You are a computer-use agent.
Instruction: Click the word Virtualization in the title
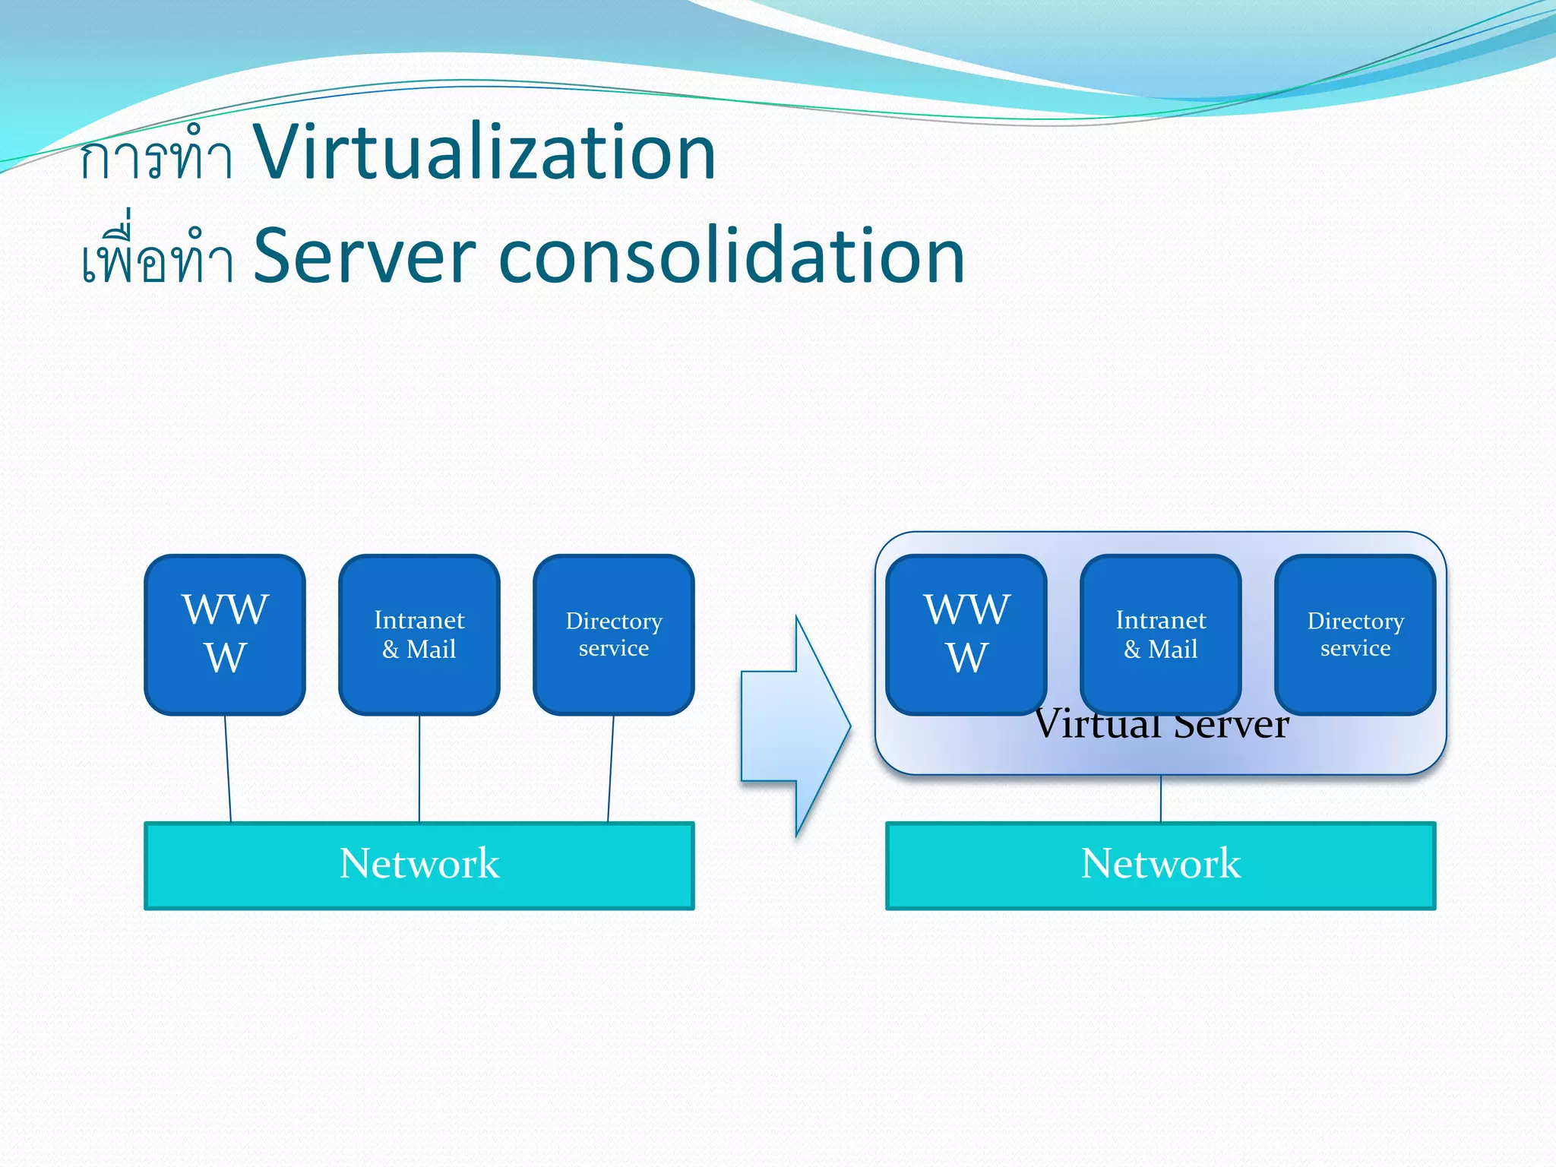tap(484, 153)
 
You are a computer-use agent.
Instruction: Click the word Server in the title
tap(364, 256)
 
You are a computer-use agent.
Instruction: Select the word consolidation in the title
tap(731, 256)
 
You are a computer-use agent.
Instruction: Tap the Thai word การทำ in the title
tap(156, 157)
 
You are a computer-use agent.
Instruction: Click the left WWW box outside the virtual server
tap(225, 634)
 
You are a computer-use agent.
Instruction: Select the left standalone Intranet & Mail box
tap(419, 634)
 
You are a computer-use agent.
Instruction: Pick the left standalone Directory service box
tap(614, 634)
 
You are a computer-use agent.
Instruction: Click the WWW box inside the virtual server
tap(966, 634)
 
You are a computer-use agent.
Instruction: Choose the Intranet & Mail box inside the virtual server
tap(1161, 634)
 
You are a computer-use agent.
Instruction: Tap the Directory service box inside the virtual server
tap(1355, 634)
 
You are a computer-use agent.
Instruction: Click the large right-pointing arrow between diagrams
tap(795, 726)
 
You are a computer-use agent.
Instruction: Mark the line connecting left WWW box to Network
tap(227, 767)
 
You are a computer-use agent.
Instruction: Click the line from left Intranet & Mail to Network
tap(419, 767)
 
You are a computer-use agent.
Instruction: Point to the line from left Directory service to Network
tap(611, 767)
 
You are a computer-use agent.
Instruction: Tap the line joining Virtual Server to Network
tap(1161, 798)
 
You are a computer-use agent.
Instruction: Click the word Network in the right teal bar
tap(1161, 864)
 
